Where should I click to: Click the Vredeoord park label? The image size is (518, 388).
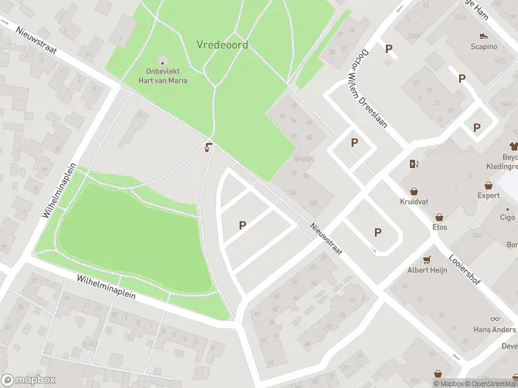(x=222, y=45)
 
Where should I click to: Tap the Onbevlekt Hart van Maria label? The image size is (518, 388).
(x=163, y=77)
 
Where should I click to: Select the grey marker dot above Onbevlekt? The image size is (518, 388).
(x=162, y=62)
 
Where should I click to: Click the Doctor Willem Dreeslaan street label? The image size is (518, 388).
(x=374, y=89)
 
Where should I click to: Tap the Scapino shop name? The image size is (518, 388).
(x=483, y=47)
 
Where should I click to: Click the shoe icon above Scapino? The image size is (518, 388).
(x=483, y=36)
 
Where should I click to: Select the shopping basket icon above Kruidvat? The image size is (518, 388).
(x=414, y=191)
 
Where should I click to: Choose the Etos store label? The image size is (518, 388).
(x=440, y=227)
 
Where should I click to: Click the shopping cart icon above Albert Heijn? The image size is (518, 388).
(x=427, y=260)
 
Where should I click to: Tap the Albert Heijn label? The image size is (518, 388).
(x=427, y=270)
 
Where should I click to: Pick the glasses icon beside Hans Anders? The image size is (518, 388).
(x=495, y=318)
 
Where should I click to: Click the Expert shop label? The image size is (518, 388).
(x=488, y=195)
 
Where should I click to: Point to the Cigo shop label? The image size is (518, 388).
(x=507, y=218)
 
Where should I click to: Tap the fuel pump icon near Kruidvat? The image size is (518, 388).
(x=413, y=164)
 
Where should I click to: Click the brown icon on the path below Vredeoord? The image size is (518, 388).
(x=208, y=147)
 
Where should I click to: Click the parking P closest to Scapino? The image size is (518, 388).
(x=462, y=79)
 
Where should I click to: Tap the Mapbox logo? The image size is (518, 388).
(x=28, y=380)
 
